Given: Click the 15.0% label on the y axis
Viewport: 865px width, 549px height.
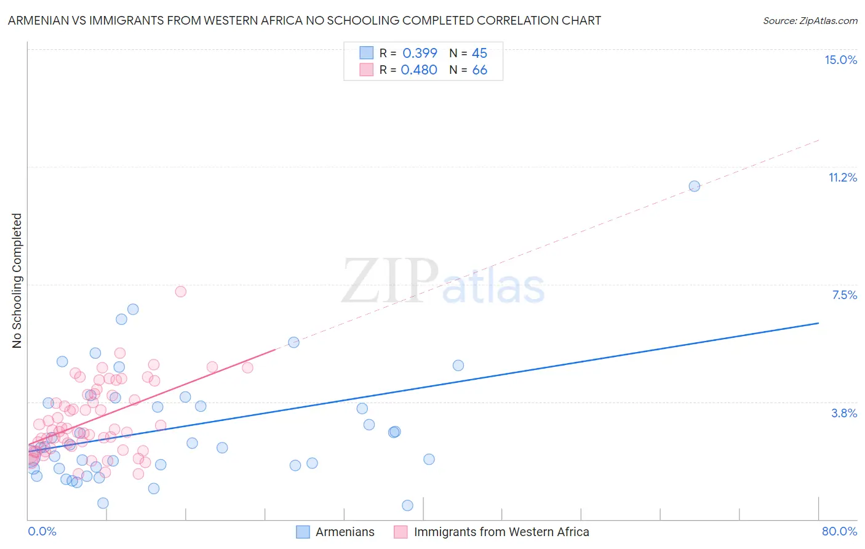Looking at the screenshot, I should click(840, 60).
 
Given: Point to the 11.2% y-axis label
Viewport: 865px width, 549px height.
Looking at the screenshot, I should click(842, 177).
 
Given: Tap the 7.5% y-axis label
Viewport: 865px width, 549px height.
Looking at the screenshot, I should click(844, 295).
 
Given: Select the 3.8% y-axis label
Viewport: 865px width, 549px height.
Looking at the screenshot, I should click(844, 413).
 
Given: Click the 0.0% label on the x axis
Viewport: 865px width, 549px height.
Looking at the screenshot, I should click(42, 531).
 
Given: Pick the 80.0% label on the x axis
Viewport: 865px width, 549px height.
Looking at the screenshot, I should click(839, 531).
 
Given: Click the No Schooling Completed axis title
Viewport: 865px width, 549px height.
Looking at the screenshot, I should click(17, 281).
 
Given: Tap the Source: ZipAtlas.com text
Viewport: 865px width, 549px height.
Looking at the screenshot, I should click(810, 20).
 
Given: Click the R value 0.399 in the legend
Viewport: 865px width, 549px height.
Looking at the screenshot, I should click(420, 53).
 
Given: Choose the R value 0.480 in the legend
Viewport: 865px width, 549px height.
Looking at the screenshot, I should click(419, 70).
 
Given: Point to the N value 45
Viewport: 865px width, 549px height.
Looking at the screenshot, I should click(479, 53).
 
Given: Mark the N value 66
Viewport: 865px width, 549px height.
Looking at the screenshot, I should click(479, 70).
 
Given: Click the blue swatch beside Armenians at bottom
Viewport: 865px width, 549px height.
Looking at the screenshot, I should click(303, 532).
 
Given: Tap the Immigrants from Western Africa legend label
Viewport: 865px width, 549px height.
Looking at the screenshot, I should click(501, 532).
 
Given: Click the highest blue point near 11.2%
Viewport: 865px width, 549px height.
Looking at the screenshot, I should click(695, 186).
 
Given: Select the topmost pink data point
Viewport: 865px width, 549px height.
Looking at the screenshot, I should click(180, 292).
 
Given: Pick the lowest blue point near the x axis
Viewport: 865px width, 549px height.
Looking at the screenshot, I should click(407, 505).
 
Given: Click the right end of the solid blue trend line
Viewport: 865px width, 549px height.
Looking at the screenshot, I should click(818, 323).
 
